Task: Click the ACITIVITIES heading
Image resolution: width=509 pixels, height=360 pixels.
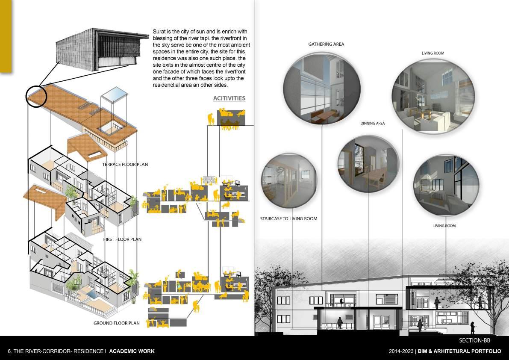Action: tap(229, 98)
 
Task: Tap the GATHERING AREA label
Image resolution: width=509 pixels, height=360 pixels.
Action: tap(326, 44)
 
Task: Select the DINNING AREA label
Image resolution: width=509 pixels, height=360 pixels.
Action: tap(372, 123)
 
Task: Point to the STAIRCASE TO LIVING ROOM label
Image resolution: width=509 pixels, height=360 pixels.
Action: tap(288, 219)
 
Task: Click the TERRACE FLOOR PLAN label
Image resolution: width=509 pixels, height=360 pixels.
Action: tap(125, 164)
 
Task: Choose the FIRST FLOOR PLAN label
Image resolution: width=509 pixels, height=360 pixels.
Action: tap(122, 239)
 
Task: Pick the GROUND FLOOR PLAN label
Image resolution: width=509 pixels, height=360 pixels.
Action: tap(117, 323)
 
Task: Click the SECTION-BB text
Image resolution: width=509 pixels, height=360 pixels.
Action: tap(474, 341)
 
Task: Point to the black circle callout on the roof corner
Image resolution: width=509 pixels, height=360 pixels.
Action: tap(35, 95)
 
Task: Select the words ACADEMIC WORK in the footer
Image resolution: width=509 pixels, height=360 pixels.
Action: tap(132, 351)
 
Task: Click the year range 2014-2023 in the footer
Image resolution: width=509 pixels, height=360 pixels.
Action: tap(400, 351)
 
